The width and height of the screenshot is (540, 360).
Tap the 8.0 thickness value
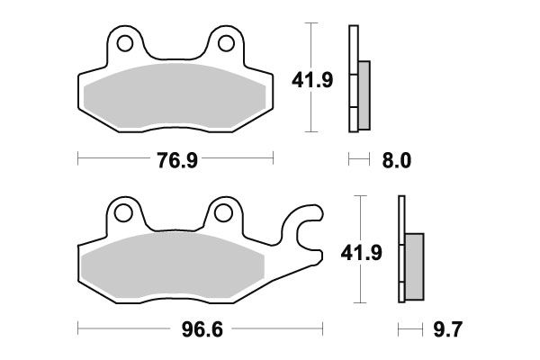(397, 161)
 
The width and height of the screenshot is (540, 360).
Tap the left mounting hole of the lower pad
(122, 213)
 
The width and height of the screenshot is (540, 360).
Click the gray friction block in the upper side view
(364, 95)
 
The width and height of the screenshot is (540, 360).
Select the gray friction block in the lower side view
(414, 267)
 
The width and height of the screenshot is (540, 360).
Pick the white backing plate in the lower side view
(400, 252)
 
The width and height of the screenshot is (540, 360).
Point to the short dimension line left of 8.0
(358, 161)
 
